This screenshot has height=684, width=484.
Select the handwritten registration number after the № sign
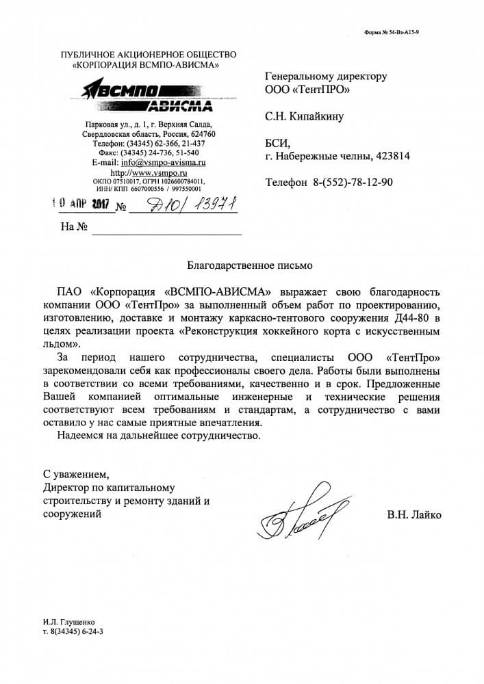point(185,205)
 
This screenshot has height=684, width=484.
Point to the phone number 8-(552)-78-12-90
point(353,183)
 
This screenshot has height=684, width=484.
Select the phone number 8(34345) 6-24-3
point(75,633)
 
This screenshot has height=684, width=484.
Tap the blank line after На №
point(167,228)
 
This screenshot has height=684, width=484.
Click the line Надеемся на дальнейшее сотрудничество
point(159,436)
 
